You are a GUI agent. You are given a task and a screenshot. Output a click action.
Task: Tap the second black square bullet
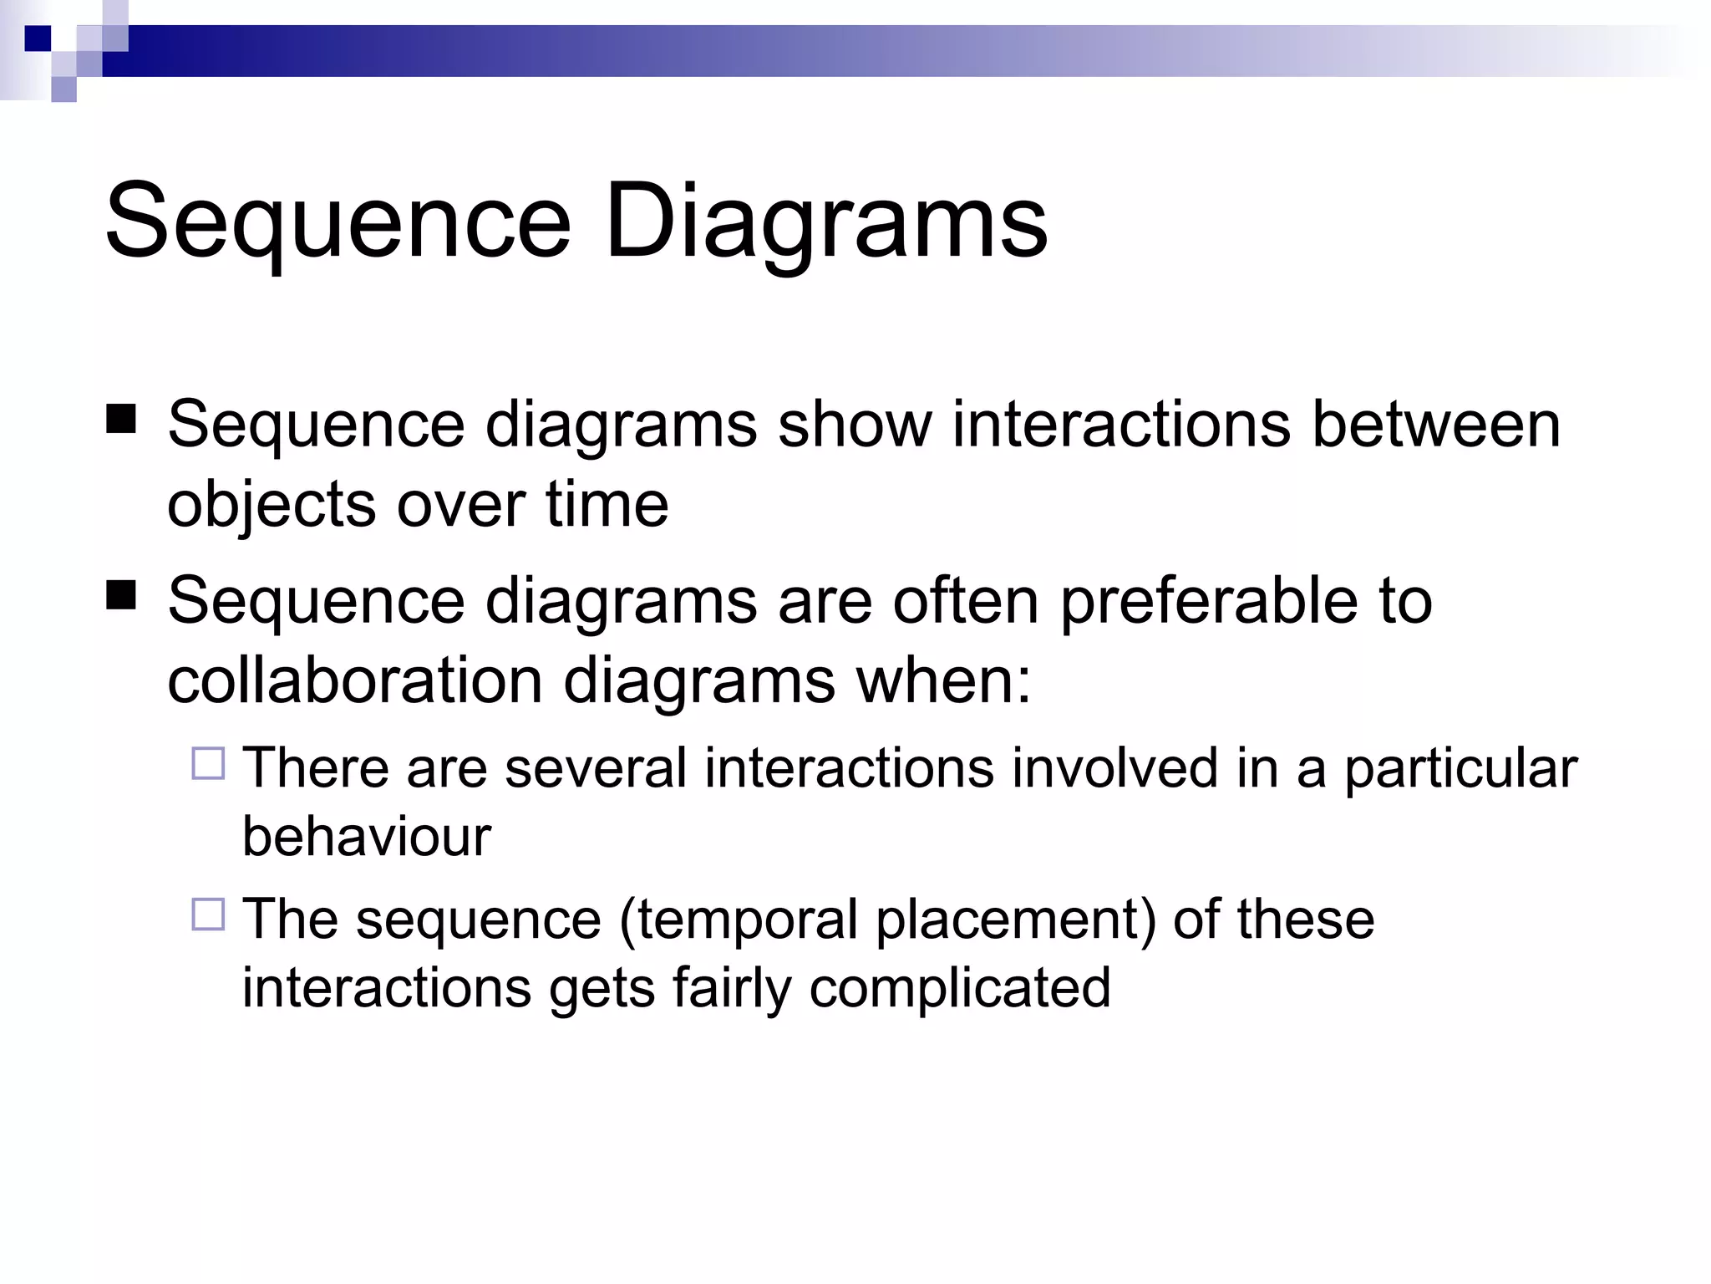click(121, 595)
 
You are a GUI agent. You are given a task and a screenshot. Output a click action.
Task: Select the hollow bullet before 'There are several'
click(208, 764)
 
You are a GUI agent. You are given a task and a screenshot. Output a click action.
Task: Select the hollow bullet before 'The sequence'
click(208, 915)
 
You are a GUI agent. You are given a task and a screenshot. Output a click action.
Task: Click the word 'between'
click(1435, 425)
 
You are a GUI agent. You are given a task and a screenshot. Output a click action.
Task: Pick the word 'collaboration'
click(354, 680)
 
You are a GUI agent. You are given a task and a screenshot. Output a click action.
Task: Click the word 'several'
click(596, 768)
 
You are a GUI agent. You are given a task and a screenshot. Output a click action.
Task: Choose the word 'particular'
click(1460, 768)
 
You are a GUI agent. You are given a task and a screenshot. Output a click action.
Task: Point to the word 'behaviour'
click(366, 836)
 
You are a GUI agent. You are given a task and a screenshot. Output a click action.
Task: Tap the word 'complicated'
click(960, 988)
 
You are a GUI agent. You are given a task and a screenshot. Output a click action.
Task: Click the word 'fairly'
click(731, 988)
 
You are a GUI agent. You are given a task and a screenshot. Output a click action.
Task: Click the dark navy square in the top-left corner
click(38, 38)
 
